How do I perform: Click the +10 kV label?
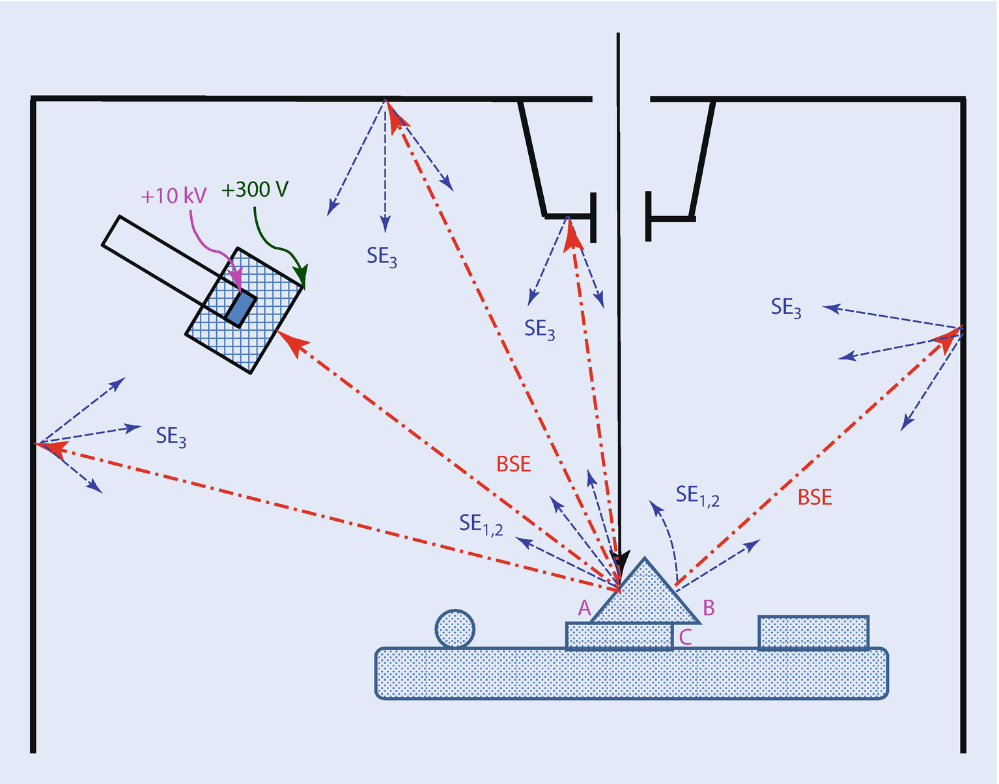tap(174, 195)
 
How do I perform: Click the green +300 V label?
tap(255, 189)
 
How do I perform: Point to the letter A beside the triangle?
tap(584, 608)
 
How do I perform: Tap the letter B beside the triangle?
tap(709, 608)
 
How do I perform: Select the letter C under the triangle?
tap(685, 636)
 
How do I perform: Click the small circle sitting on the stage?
tap(455, 629)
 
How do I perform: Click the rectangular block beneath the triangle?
tap(619, 636)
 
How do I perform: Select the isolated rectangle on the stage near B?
tap(813, 632)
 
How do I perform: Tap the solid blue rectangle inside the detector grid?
tap(241, 308)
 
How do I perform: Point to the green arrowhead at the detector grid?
tap(301, 277)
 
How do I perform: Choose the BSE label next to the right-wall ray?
tap(815, 497)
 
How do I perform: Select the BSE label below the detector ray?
tap(513, 464)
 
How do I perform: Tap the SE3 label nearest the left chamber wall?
tap(171, 436)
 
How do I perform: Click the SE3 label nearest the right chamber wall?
tap(786, 307)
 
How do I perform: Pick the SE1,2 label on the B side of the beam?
tap(697, 496)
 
